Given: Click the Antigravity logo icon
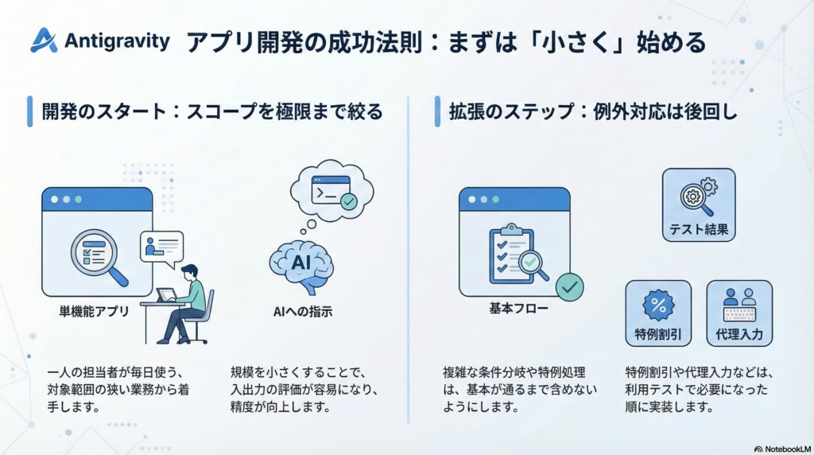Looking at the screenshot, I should click(x=44, y=41).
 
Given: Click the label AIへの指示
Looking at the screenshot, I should click(x=302, y=313).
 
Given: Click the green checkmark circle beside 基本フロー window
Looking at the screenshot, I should click(x=569, y=286).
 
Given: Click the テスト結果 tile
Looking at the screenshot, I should click(x=698, y=205).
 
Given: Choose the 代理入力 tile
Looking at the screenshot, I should click(x=738, y=313).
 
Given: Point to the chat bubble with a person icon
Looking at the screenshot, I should click(x=161, y=247).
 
